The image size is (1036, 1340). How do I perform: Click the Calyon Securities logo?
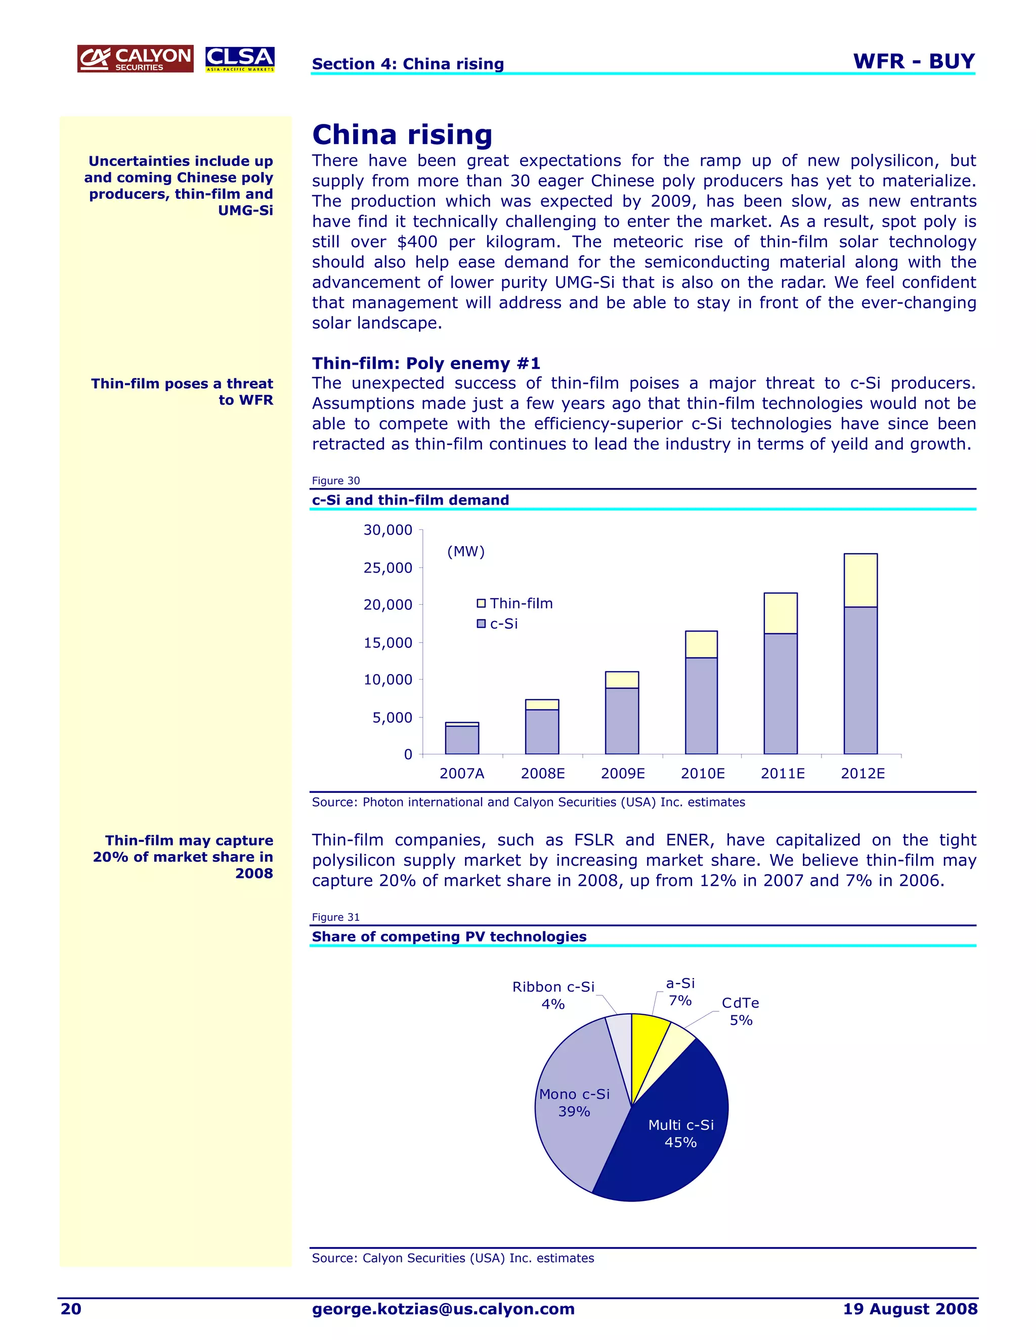click(135, 59)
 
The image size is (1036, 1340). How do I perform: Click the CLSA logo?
click(239, 59)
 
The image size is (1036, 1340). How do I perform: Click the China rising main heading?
click(402, 135)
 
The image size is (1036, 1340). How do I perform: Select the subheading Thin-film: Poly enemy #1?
click(426, 363)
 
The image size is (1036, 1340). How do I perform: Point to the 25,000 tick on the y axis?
click(388, 567)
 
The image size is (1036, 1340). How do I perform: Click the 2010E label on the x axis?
click(702, 774)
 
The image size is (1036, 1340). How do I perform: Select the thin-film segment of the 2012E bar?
click(860, 580)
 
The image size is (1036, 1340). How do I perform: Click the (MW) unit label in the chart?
click(466, 552)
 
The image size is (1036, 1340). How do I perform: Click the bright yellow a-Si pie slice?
click(647, 1043)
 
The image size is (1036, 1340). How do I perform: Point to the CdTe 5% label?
click(740, 1011)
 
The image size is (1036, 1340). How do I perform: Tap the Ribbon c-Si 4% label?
click(553, 995)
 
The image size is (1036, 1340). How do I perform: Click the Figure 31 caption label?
click(336, 917)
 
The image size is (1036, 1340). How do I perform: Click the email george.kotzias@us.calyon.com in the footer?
click(443, 1309)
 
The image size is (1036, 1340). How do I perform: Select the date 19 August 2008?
click(910, 1309)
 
